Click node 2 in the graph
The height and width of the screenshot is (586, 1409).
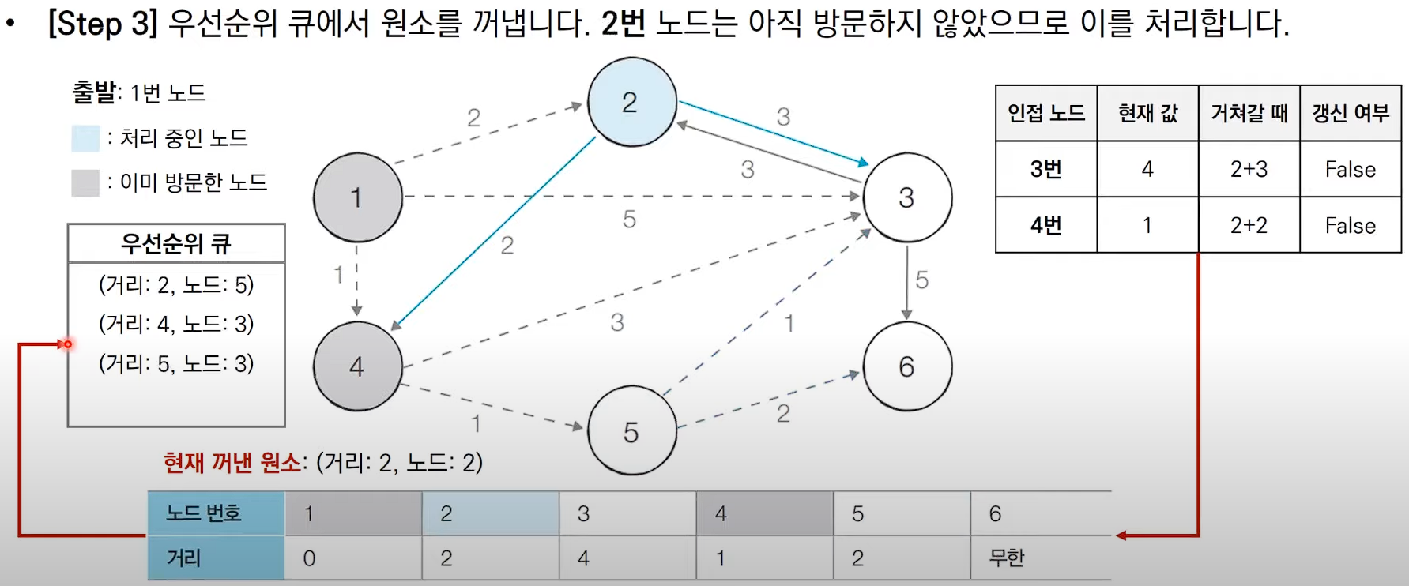pyautogui.click(x=631, y=102)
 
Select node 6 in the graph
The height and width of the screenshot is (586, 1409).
pyautogui.click(x=907, y=366)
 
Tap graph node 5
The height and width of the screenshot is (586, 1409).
pyautogui.click(x=631, y=431)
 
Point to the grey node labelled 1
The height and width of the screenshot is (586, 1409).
pyautogui.click(x=357, y=197)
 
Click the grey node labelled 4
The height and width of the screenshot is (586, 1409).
pyautogui.click(x=357, y=366)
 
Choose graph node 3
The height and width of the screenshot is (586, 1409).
pyautogui.click(x=907, y=197)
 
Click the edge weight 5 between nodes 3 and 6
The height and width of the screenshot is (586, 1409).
pyautogui.click(x=921, y=280)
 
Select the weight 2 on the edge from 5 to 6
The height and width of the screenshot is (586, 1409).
pyautogui.click(x=783, y=413)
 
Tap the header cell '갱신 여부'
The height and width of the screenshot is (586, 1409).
pyautogui.click(x=1351, y=113)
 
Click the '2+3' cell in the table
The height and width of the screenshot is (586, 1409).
pyautogui.click(x=1249, y=169)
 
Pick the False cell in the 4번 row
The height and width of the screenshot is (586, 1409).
pyautogui.click(x=1351, y=226)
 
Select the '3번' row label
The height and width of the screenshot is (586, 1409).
pyautogui.click(x=1045, y=169)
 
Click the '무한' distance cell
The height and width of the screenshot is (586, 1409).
pyautogui.click(x=1007, y=558)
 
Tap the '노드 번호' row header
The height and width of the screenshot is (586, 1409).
pyautogui.click(x=203, y=513)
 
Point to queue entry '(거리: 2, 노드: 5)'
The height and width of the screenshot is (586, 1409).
pyautogui.click(x=176, y=284)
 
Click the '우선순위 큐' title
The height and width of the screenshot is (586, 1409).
pyautogui.click(x=175, y=243)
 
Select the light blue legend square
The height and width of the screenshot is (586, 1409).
pyautogui.click(x=85, y=138)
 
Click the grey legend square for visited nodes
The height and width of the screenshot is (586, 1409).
pyautogui.click(x=85, y=182)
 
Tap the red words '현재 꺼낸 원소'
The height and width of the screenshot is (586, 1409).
pyautogui.click(x=232, y=462)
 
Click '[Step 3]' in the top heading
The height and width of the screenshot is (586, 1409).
pyautogui.click(x=103, y=24)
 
